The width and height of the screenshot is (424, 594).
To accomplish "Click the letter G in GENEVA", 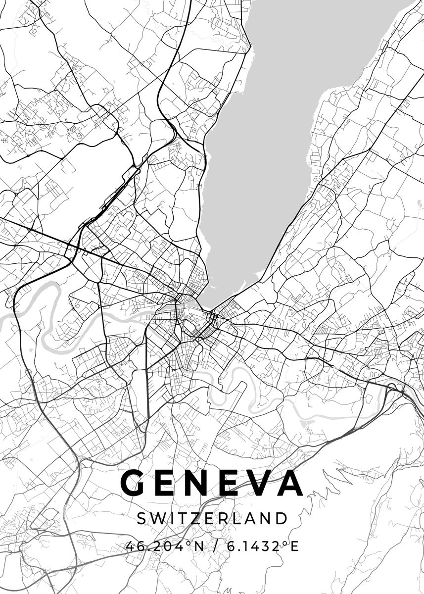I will click(132, 483).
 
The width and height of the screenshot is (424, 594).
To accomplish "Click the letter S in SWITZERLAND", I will click(141, 518).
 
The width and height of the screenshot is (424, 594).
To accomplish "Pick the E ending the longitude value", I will click(295, 546).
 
